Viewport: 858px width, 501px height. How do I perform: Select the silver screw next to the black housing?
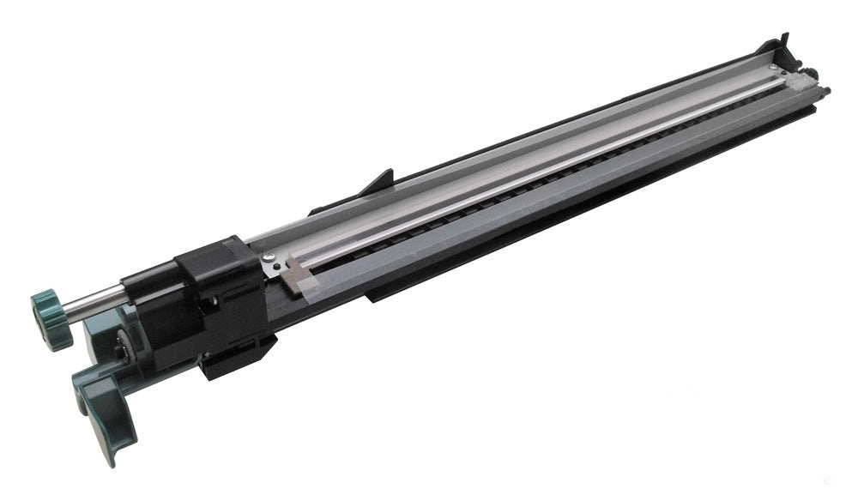[269, 256]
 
